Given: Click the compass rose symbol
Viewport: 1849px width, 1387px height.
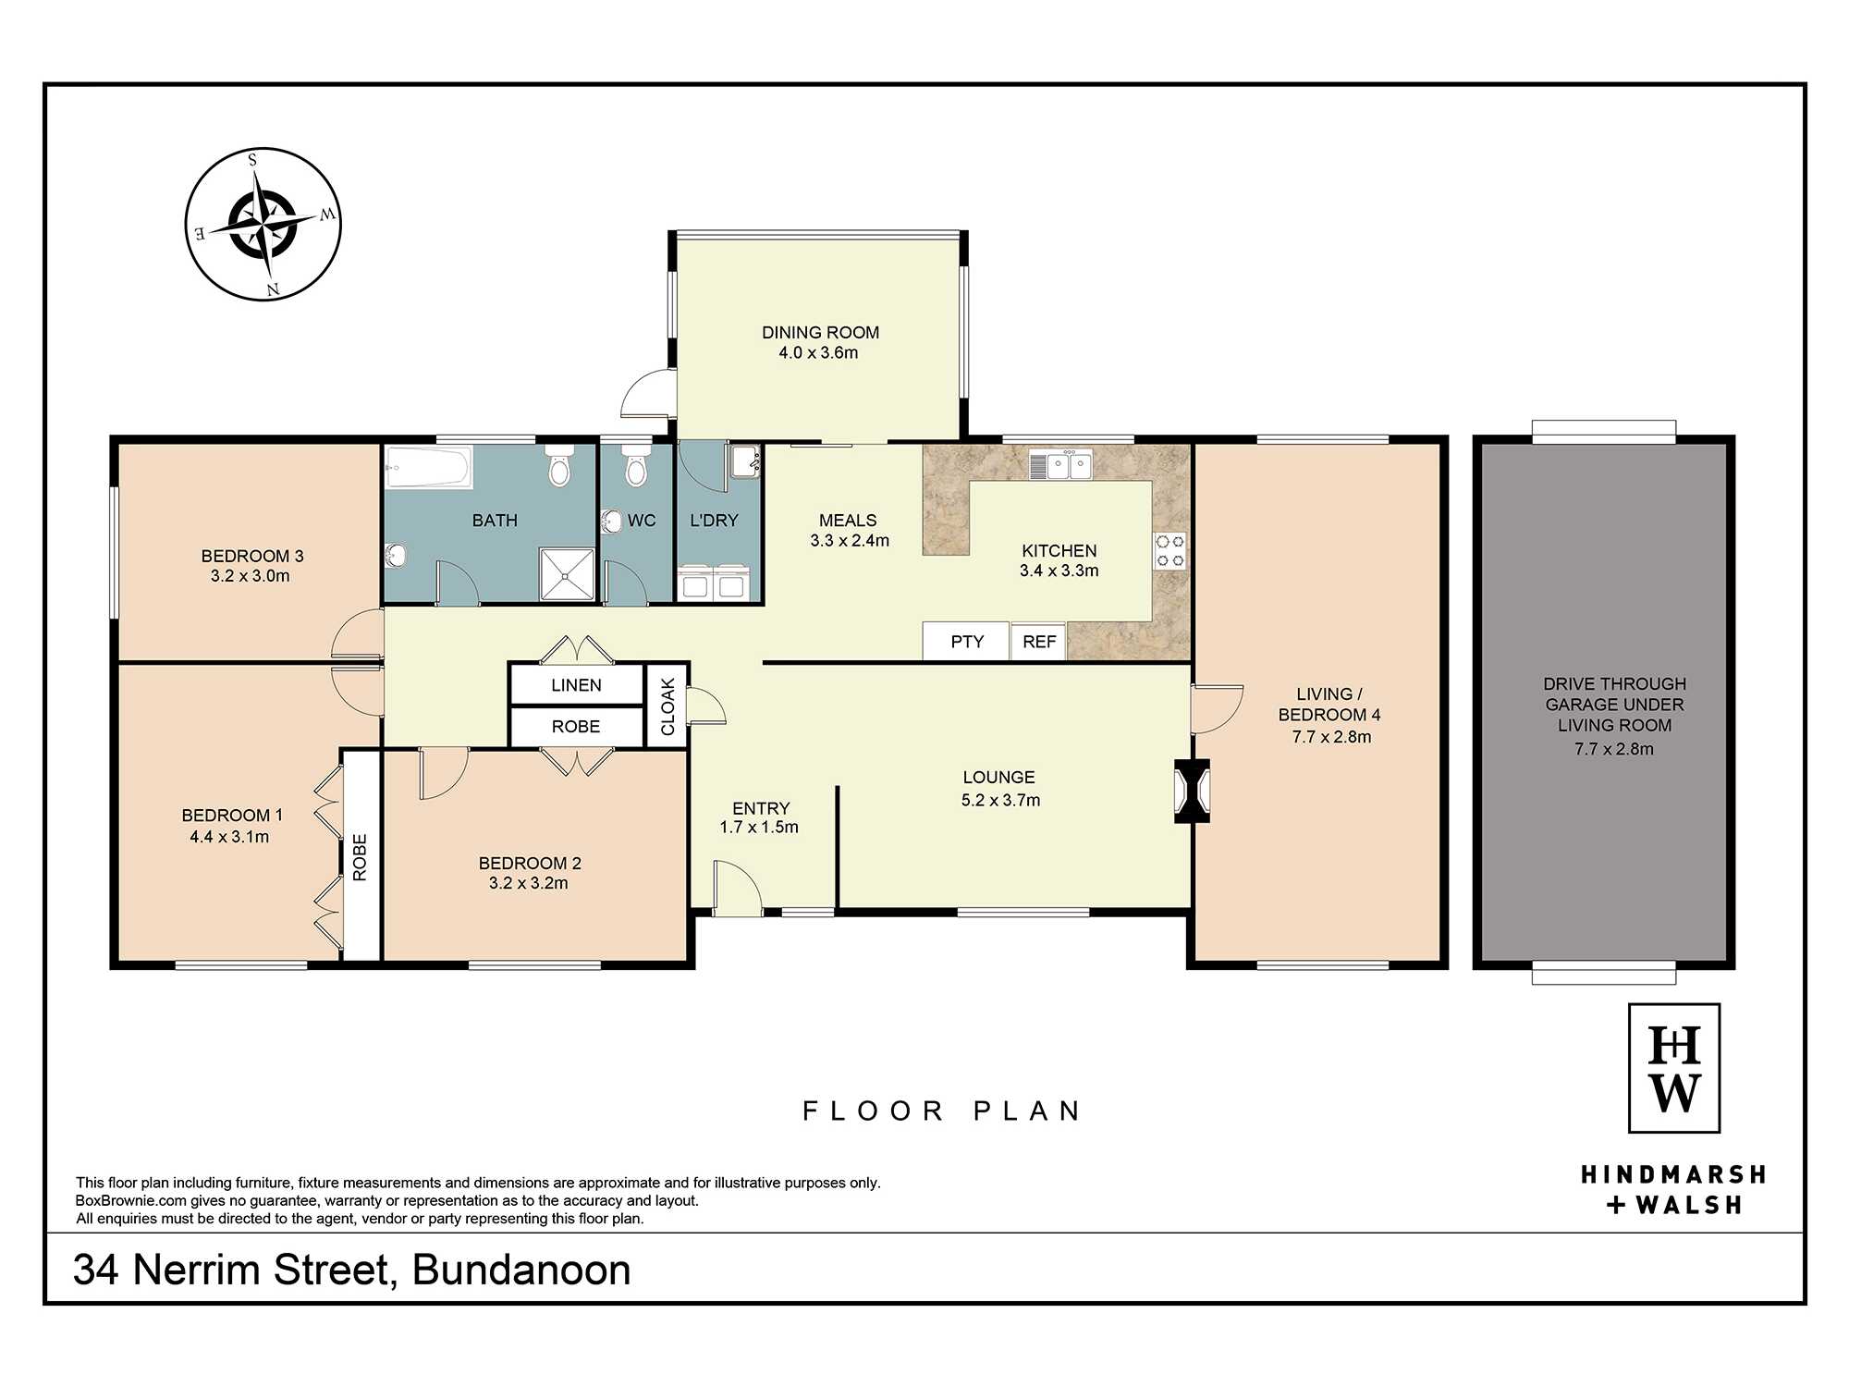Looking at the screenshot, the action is pyautogui.click(x=263, y=224).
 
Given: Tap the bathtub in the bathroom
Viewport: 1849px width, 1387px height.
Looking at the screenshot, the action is pyautogui.click(x=429, y=467).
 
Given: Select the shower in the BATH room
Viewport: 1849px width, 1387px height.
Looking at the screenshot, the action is pyautogui.click(x=567, y=573).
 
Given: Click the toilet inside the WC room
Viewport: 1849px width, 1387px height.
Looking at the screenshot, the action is pyautogui.click(x=635, y=465).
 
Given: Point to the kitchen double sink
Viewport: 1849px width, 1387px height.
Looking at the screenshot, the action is pyautogui.click(x=1061, y=465).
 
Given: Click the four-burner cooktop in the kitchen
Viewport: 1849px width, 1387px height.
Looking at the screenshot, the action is pyautogui.click(x=1170, y=551).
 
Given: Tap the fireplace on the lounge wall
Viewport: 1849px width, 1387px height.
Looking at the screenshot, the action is pyautogui.click(x=1192, y=791).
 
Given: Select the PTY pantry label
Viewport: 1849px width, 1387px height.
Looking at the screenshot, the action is pyautogui.click(x=967, y=642).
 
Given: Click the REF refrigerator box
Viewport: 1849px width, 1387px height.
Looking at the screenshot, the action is pyautogui.click(x=1039, y=641).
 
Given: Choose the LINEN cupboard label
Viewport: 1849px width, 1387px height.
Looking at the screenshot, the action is pyautogui.click(x=576, y=685).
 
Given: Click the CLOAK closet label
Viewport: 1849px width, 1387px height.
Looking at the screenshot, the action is pyautogui.click(x=667, y=707).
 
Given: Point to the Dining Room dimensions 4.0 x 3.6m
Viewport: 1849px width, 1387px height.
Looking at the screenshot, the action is pyautogui.click(x=818, y=352).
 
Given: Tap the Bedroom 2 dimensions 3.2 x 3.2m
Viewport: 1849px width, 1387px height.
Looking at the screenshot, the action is pyautogui.click(x=529, y=883).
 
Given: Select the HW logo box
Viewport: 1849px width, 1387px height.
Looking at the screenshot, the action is pyautogui.click(x=1674, y=1068).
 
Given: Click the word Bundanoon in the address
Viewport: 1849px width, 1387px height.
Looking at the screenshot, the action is pyautogui.click(x=521, y=1270).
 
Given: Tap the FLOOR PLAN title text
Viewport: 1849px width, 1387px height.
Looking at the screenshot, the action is pyautogui.click(x=942, y=1111).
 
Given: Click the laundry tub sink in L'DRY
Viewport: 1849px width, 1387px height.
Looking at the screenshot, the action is pyautogui.click(x=744, y=460).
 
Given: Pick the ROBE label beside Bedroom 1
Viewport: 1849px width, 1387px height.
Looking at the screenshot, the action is pyautogui.click(x=360, y=857).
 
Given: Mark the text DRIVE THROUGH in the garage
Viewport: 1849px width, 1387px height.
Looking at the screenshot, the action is pyautogui.click(x=1614, y=684).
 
